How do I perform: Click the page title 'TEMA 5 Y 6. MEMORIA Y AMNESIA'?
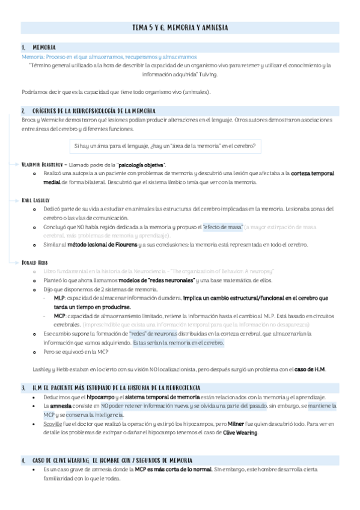point(180,28)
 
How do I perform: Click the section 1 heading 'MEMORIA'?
point(44,47)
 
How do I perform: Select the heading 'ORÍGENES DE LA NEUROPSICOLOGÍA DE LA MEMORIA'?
point(94,111)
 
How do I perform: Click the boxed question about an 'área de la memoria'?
point(164,146)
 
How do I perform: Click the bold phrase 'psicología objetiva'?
point(142,165)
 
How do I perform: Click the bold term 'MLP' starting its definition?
point(59,298)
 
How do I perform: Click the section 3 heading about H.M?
point(117,389)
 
